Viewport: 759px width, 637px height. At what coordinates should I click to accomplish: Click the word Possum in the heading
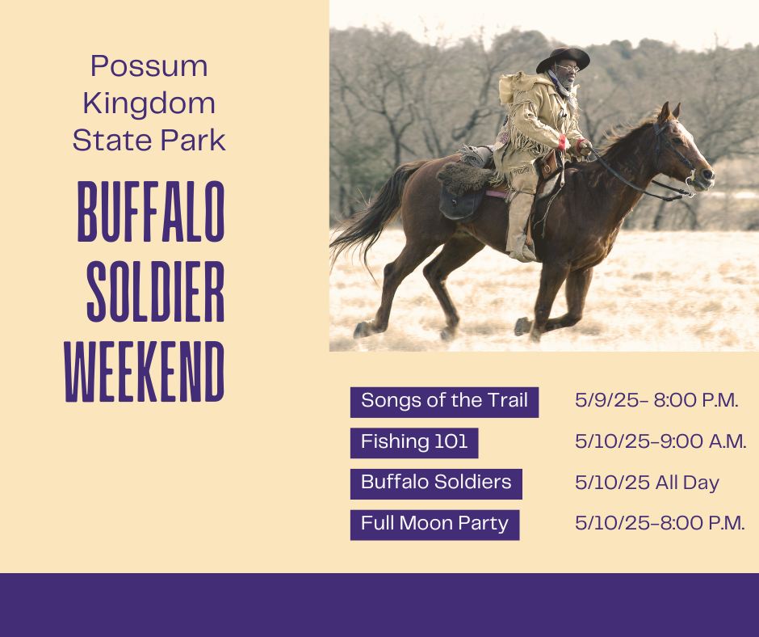click(x=149, y=66)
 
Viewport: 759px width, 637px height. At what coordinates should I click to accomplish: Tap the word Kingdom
click(x=149, y=104)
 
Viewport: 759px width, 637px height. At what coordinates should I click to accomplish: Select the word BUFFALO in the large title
click(x=151, y=212)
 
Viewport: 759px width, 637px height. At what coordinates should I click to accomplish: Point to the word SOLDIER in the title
click(x=156, y=291)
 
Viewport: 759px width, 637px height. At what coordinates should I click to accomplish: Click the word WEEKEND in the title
click(x=145, y=371)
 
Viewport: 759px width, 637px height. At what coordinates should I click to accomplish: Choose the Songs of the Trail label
click(x=444, y=402)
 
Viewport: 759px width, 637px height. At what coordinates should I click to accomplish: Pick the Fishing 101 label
click(x=414, y=443)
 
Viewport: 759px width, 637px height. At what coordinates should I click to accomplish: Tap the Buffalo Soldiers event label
click(x=436, y=483)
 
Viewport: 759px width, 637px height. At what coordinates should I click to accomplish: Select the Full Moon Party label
click(x=434, y=525)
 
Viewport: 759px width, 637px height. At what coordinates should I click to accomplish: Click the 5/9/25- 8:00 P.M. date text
click(x=656, y=400)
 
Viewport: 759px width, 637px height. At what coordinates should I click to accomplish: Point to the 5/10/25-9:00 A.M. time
click(x=660, y=441)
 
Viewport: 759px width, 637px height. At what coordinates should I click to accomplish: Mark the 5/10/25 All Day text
click(x=648, y=483)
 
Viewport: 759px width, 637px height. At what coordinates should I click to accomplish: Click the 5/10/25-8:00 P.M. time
click(x=660, y=524)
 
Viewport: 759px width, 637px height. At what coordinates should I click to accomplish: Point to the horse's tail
click(x=368, y=213)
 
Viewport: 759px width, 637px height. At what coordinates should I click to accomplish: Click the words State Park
click(x=149, y=141)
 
